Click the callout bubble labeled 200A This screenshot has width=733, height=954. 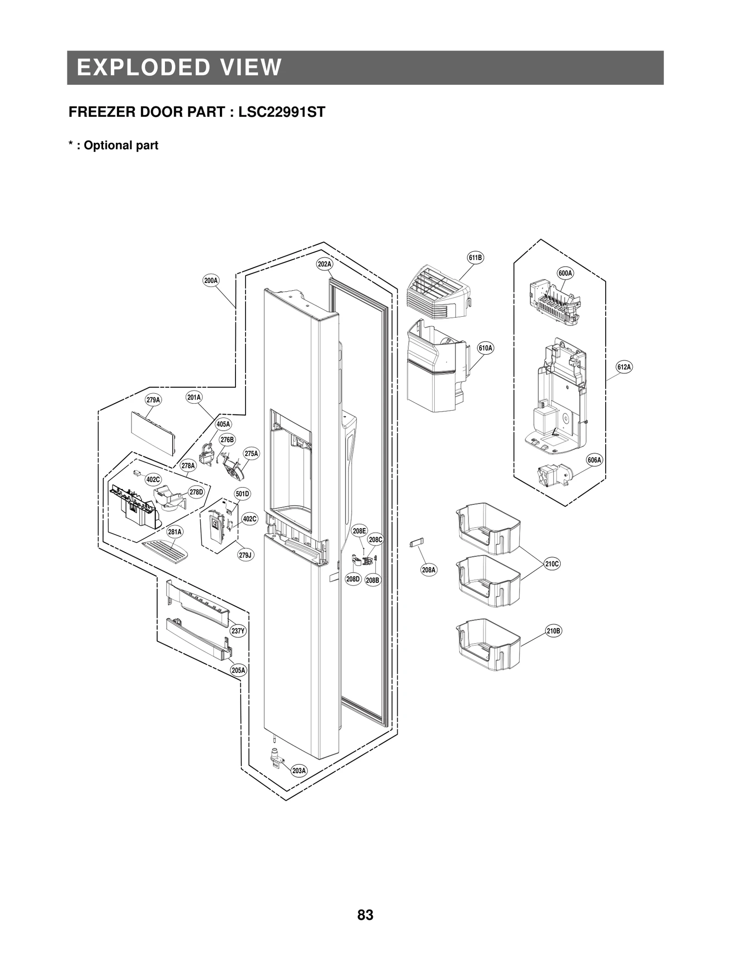tap(211, 281)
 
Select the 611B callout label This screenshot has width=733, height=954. tap(475, 258)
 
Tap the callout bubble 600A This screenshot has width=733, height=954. tap(565, 273)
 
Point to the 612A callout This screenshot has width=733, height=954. tap(624, 367)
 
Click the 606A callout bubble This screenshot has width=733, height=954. tap(594, 460)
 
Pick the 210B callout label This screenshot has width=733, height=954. tap(553, 631)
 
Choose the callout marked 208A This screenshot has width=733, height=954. tap(429, 570)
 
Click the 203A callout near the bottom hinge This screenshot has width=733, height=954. tap(299, 771)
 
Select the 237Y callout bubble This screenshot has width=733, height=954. tap(238, 631)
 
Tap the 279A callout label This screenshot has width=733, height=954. tap(153, 400)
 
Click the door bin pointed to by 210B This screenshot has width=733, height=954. tap(488, 645)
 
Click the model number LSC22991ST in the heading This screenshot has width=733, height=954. tap(281, 112)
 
